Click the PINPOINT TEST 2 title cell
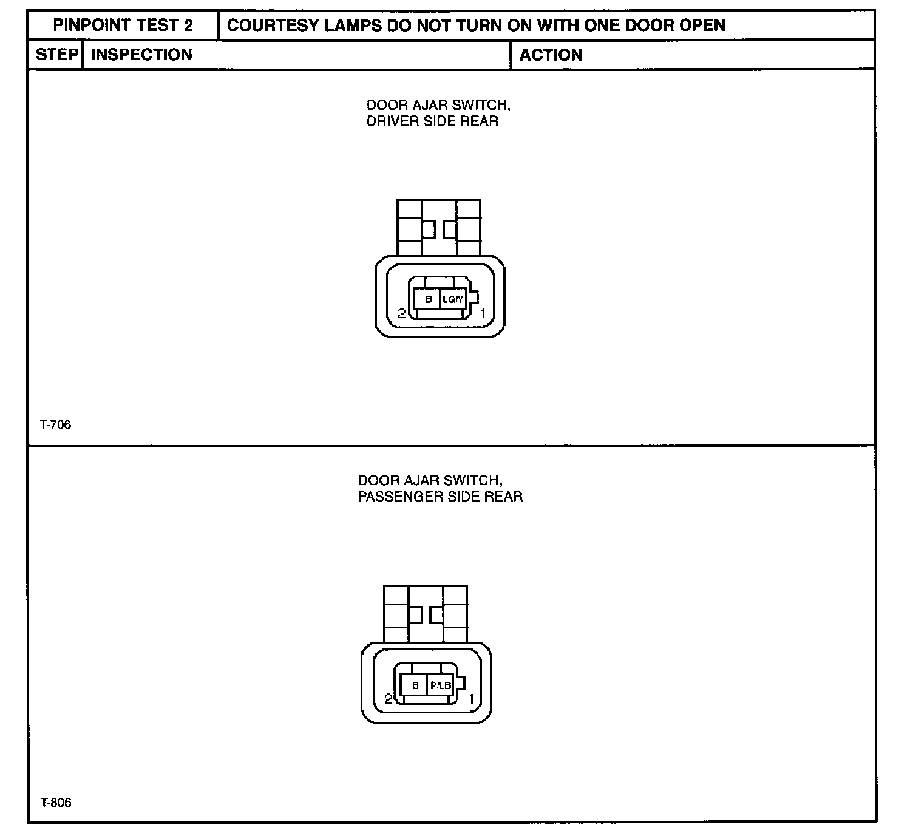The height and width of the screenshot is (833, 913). tap(123, 25)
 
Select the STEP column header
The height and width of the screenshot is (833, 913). tap(56, 55)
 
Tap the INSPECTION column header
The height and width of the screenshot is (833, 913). tap(141, 55)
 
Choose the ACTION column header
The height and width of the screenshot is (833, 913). tap(551, 55)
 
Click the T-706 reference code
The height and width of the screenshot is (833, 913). tap(56, 425)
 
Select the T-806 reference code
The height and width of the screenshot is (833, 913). tap(56, 803)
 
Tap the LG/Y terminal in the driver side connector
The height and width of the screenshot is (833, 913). tap(453, 299)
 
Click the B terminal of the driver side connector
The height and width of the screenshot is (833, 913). tap(429, 299)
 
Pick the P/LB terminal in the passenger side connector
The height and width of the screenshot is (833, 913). tap(441, 685)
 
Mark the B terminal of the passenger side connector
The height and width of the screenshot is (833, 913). tap(415, 685)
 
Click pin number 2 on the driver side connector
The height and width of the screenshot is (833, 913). tap(401, 314)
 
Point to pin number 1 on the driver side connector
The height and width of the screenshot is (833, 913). tap(483, 314)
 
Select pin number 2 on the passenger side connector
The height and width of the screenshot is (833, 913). tap(389, 699)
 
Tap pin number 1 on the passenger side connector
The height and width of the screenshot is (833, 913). tap(470, 699)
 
